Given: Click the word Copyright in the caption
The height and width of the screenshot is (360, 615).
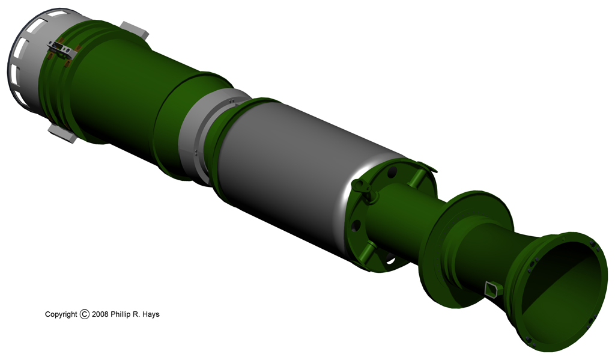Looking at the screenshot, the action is click(61, 314).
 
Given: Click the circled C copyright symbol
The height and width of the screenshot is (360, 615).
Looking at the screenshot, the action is click(84, 314).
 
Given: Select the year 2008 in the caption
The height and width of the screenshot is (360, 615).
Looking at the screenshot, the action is click(100, 314).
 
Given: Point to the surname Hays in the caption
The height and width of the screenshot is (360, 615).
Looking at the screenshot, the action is click(151, 314).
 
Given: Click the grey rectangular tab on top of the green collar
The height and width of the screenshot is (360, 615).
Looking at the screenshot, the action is click(135, 29).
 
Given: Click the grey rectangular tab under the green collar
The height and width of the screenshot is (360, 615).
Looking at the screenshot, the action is click(62, 134).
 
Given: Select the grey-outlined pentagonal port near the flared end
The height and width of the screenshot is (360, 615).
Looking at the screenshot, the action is click(491, 289).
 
